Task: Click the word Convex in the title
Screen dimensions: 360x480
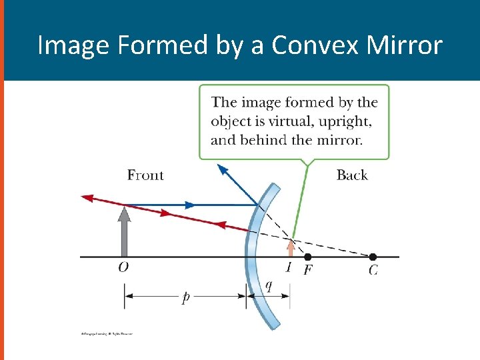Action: [310, 46]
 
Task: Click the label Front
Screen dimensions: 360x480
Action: [145, 175]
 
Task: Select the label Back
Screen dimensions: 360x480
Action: [352, 175]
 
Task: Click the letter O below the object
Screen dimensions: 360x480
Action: [123, 268]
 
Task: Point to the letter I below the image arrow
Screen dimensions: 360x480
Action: [289, 268]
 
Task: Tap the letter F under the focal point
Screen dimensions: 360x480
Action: [308, 270]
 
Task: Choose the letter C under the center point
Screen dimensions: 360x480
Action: [373, 270]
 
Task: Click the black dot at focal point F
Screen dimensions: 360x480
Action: [307, 257]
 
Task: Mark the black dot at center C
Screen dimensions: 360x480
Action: [373, 257]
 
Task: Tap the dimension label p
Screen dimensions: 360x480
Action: [185, 298]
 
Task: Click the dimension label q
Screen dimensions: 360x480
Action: [269, 285]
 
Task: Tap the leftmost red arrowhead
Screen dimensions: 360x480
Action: [86, 198]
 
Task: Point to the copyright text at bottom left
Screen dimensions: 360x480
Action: [103, 333]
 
